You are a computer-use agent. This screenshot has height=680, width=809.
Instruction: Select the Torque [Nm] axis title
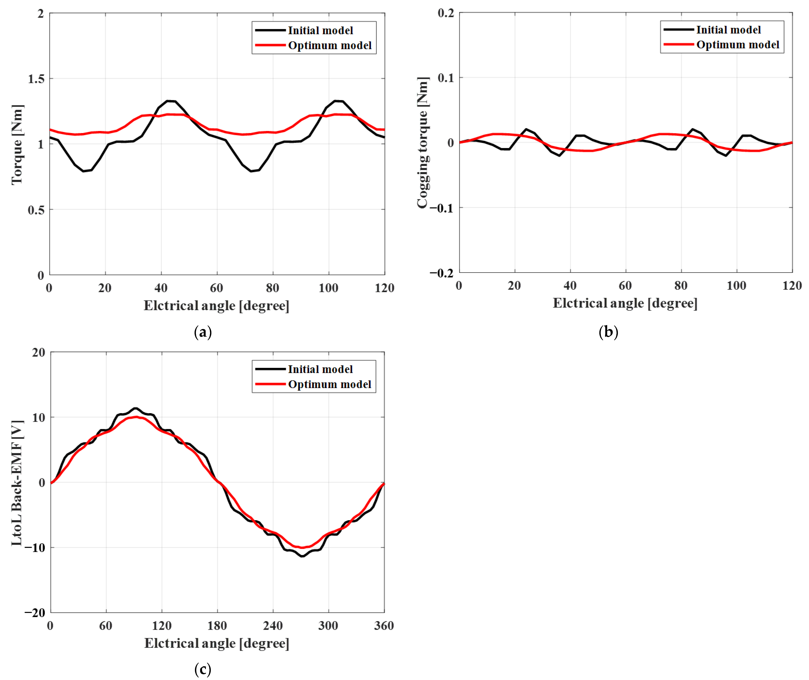click(x=17, y=145)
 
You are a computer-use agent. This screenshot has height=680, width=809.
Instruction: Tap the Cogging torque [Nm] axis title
click(x=423, y=143)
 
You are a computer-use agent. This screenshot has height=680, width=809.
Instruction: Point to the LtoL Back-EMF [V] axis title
click(x=17, y=483)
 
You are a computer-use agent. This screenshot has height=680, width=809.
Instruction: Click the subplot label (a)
click(x=203, y=332)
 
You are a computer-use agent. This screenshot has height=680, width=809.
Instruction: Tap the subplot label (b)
click(x=608, y=332)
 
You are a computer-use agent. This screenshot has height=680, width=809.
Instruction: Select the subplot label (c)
click(x=203, y=670)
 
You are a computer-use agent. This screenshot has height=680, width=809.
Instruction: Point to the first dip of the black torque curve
click(x=83, y=171)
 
